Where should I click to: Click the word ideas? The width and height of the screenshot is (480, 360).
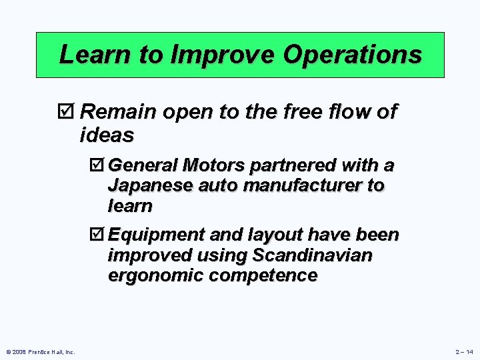pyautogui.click(x=107, y=135)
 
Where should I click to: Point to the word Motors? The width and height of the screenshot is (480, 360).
pyautogui.click(x=214, y=164)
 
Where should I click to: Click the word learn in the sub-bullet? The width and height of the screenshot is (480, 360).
pyautogui.click(x=130, y=206)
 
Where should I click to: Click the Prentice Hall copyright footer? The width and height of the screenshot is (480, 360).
pyautogui.click(x=41, y=351)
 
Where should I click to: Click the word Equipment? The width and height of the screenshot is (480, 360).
pyautogui.click(x=157, y=235)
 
